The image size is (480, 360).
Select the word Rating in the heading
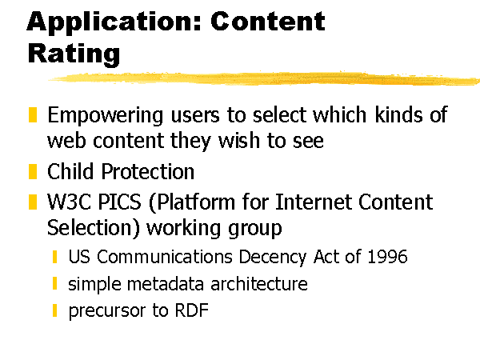(74, 54)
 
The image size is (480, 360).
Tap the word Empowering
(106, 116)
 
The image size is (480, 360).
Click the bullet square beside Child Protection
(33, 171)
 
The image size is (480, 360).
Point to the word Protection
(147, 171)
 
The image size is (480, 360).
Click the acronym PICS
(120, 202)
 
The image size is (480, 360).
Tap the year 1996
(387, 257)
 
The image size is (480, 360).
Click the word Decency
(272, 257)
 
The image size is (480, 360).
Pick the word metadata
(166, 284)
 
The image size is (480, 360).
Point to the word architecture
(259, 284)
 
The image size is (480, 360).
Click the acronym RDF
(192, 310)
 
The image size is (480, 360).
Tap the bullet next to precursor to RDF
(54, 310)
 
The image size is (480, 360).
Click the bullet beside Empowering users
(33, 114)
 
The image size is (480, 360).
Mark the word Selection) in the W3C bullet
(94, 228)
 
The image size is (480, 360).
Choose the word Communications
(165, 257)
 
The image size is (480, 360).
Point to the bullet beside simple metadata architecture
(54, 283)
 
